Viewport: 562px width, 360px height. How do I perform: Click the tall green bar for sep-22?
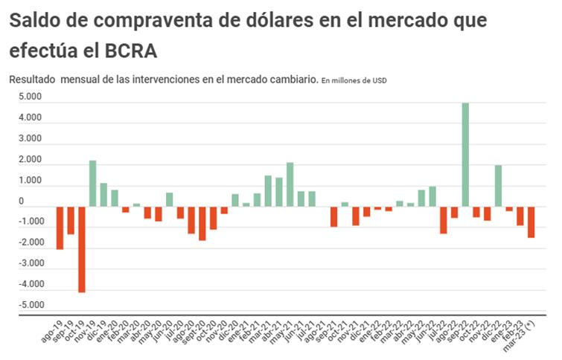tap(465, 154)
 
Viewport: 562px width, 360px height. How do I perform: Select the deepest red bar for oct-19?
tap(82, 249)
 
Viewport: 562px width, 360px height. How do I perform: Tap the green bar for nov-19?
tap(93, 183)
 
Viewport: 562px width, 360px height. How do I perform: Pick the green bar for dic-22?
tap(498, 185)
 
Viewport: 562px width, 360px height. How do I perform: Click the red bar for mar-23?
tap(531, 222)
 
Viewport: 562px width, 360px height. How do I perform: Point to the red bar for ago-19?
tap(60, 228)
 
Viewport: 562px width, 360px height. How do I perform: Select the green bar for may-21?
tap(290, 184)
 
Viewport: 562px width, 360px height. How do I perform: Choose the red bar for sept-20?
tap(202, 223)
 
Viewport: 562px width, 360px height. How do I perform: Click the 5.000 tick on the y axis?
tap(31, 97)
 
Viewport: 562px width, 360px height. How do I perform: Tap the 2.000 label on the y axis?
tap(31, 159)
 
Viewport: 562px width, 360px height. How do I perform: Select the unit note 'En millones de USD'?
tap(354, 80)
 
